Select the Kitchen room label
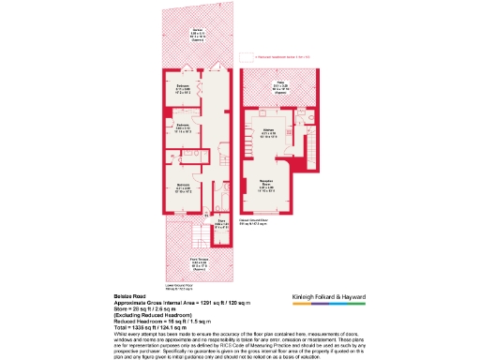click(267, 134)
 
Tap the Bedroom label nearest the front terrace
click(184, 187)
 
